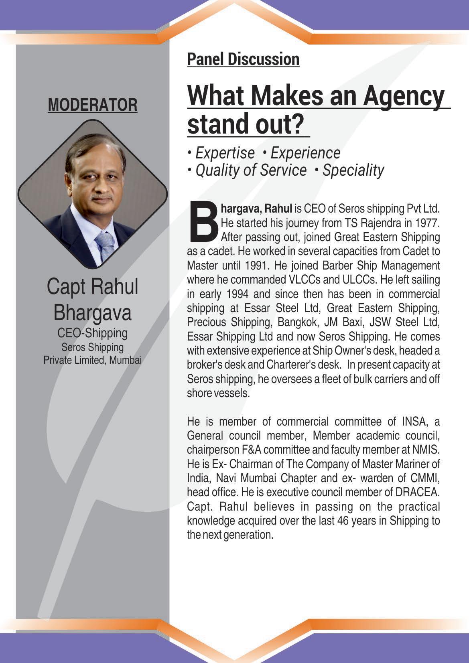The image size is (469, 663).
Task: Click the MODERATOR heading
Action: [x=92, y=105]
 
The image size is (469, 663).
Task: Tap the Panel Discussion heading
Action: [x=243, y=59]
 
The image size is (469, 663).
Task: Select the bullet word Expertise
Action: [x=225, y=153]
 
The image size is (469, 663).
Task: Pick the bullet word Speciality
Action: [x=353, y=170]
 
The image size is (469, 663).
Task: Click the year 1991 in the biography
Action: [x=254, y=265]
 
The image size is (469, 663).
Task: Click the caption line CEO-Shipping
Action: [x=92, y=333]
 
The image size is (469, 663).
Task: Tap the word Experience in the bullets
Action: [x=305, y=153]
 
